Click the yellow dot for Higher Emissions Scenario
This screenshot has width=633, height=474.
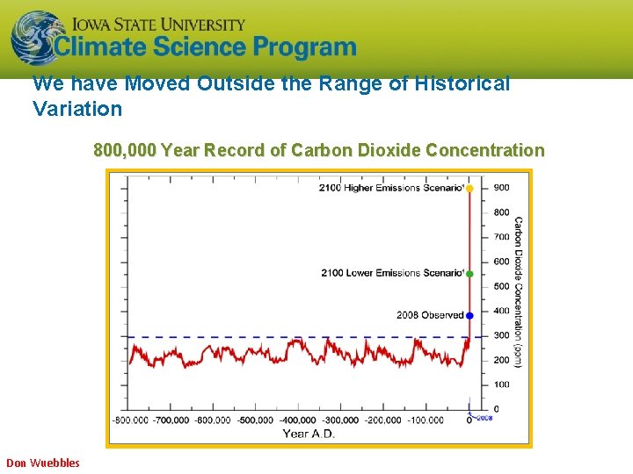tap(469, 188)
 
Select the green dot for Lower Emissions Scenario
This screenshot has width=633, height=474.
tap(469, 274)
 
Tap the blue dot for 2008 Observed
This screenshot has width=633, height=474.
tap(469, 315)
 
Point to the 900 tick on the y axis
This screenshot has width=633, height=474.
tap(501, 188)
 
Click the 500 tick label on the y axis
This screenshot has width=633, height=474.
tap(501, 286)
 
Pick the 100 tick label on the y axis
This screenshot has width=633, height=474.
tap(501, 384)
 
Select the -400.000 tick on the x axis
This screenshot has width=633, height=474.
tap(299, 420)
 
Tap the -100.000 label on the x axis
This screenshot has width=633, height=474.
tap(426, 420)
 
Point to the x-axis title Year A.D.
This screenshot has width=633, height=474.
tap(309, 434)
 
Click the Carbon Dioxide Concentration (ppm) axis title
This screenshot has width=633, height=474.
tap(518, 291)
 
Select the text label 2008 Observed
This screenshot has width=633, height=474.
tap(430, 315)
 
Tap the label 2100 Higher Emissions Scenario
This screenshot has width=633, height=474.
tap(391, 188)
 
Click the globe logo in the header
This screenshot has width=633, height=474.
tap(33, 38)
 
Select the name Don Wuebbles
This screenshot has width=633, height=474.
tap(43, 463)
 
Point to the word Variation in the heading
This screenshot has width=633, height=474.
tap(77, 110)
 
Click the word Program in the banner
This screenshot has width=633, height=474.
tap(304, 47)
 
